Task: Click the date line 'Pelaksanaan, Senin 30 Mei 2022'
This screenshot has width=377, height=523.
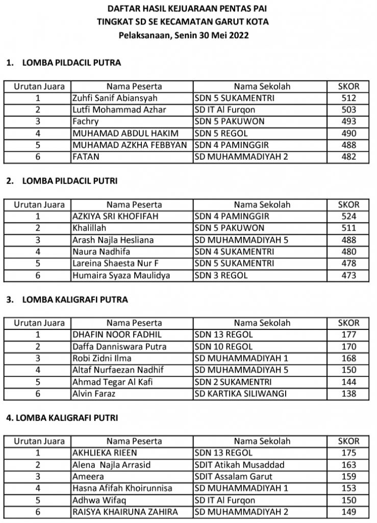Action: click(x=189, y=36)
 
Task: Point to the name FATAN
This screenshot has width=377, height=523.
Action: click(x=83, y=157)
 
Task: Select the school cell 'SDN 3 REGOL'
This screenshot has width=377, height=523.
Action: click(x=221, y=276)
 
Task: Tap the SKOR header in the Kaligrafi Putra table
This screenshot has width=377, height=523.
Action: click(x=348, y=323)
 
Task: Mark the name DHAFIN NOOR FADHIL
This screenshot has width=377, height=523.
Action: click(x=110, y=335)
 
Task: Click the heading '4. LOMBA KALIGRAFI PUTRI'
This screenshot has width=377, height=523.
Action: click(x=62, y=418)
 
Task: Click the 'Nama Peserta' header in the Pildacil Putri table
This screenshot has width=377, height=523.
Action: click(x=134, y=205)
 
